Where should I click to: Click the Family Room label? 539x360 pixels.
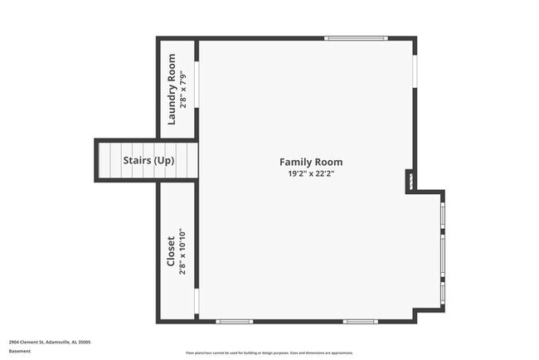(310, 163)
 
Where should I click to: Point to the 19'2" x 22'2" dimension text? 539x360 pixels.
(310, 174)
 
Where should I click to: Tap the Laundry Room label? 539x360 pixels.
(172, 88)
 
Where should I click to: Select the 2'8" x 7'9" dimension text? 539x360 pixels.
(184, 88)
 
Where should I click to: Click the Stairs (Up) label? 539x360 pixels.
(148, 160)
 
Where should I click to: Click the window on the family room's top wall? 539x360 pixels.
(355, 38)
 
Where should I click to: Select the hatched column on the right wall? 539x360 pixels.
(409, 180)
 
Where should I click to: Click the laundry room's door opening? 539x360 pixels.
(197, 84)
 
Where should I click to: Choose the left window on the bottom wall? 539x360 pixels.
(234, 321)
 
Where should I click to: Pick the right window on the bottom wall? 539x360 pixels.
(361, 321)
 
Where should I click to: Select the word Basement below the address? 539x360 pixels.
(20, 351)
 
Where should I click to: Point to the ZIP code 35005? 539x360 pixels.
(84, 342)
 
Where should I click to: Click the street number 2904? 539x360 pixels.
(14, 342)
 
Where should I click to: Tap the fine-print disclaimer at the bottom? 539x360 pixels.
(269, 352)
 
